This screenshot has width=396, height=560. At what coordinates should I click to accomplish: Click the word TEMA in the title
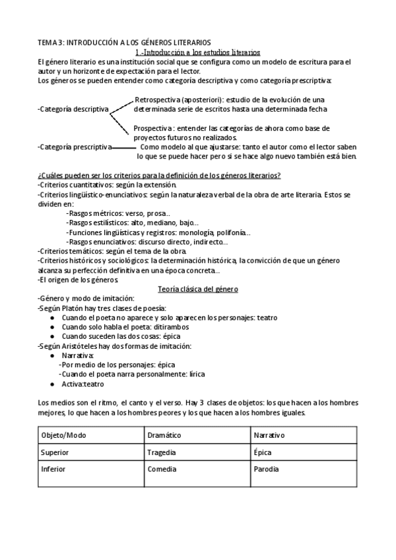47,42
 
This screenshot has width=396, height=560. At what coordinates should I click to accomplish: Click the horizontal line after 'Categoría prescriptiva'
123,147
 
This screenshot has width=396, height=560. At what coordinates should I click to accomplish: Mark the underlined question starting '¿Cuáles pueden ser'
159,174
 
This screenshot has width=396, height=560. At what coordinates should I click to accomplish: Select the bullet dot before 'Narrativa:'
52,356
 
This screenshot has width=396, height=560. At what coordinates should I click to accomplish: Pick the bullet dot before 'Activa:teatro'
52,384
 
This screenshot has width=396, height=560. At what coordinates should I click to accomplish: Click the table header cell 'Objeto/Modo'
63,436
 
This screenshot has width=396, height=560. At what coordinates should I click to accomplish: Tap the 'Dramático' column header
166,436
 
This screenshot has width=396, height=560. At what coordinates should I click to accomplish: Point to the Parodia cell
266,470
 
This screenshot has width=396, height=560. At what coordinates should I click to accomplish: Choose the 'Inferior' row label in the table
54,470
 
